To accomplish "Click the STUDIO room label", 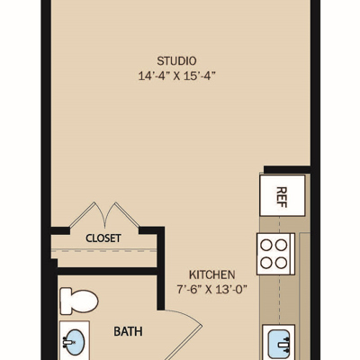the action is point(176,61).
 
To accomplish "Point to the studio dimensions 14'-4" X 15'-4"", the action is point(177,76).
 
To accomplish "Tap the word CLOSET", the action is point(103,238).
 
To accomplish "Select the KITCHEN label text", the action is point(211,274).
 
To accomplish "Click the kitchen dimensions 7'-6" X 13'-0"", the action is point(211,290).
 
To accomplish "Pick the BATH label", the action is point(128,331).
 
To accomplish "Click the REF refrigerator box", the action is point(283,195).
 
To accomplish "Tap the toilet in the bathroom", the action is point(79,301).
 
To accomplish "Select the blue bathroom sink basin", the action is point(75,343).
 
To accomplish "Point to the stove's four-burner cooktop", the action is point(275,254).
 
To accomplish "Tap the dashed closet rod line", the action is point(103,250).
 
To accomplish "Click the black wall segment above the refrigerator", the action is point(287,169).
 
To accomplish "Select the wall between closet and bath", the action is point(107,271).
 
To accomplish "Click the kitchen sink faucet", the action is point(284,345).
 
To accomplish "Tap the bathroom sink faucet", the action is point(67,342).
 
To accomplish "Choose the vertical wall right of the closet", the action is point(161,268).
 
